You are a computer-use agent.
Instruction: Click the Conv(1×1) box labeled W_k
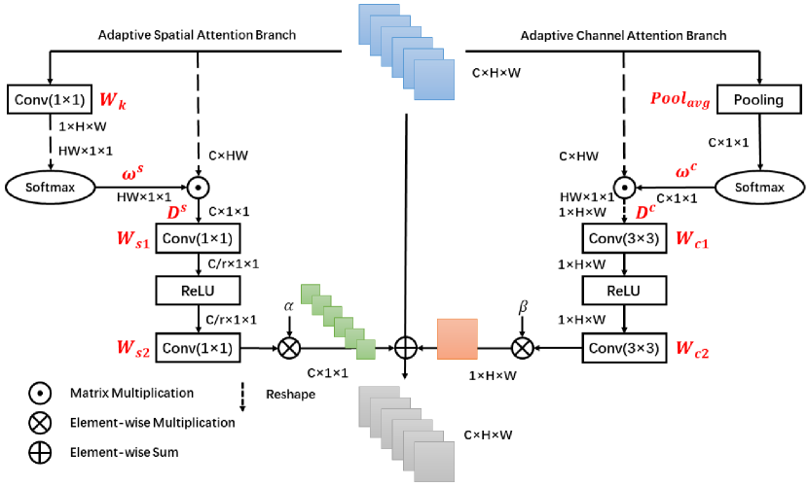coord(48,98)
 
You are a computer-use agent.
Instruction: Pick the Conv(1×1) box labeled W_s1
coord(198,237)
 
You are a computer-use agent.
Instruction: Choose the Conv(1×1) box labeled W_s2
coord(198,345)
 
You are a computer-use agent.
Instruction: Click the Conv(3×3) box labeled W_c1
coord(623,237)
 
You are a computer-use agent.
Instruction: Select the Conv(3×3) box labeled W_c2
coord(623,345)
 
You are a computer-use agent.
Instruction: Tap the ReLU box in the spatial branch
coord(198,291)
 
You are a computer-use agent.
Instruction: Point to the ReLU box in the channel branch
coord(623,291)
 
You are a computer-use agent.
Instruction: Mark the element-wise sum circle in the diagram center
coord(405,345)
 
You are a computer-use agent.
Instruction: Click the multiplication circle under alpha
coord(288,345)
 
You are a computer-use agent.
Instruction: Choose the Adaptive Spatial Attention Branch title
coord(197,36)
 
